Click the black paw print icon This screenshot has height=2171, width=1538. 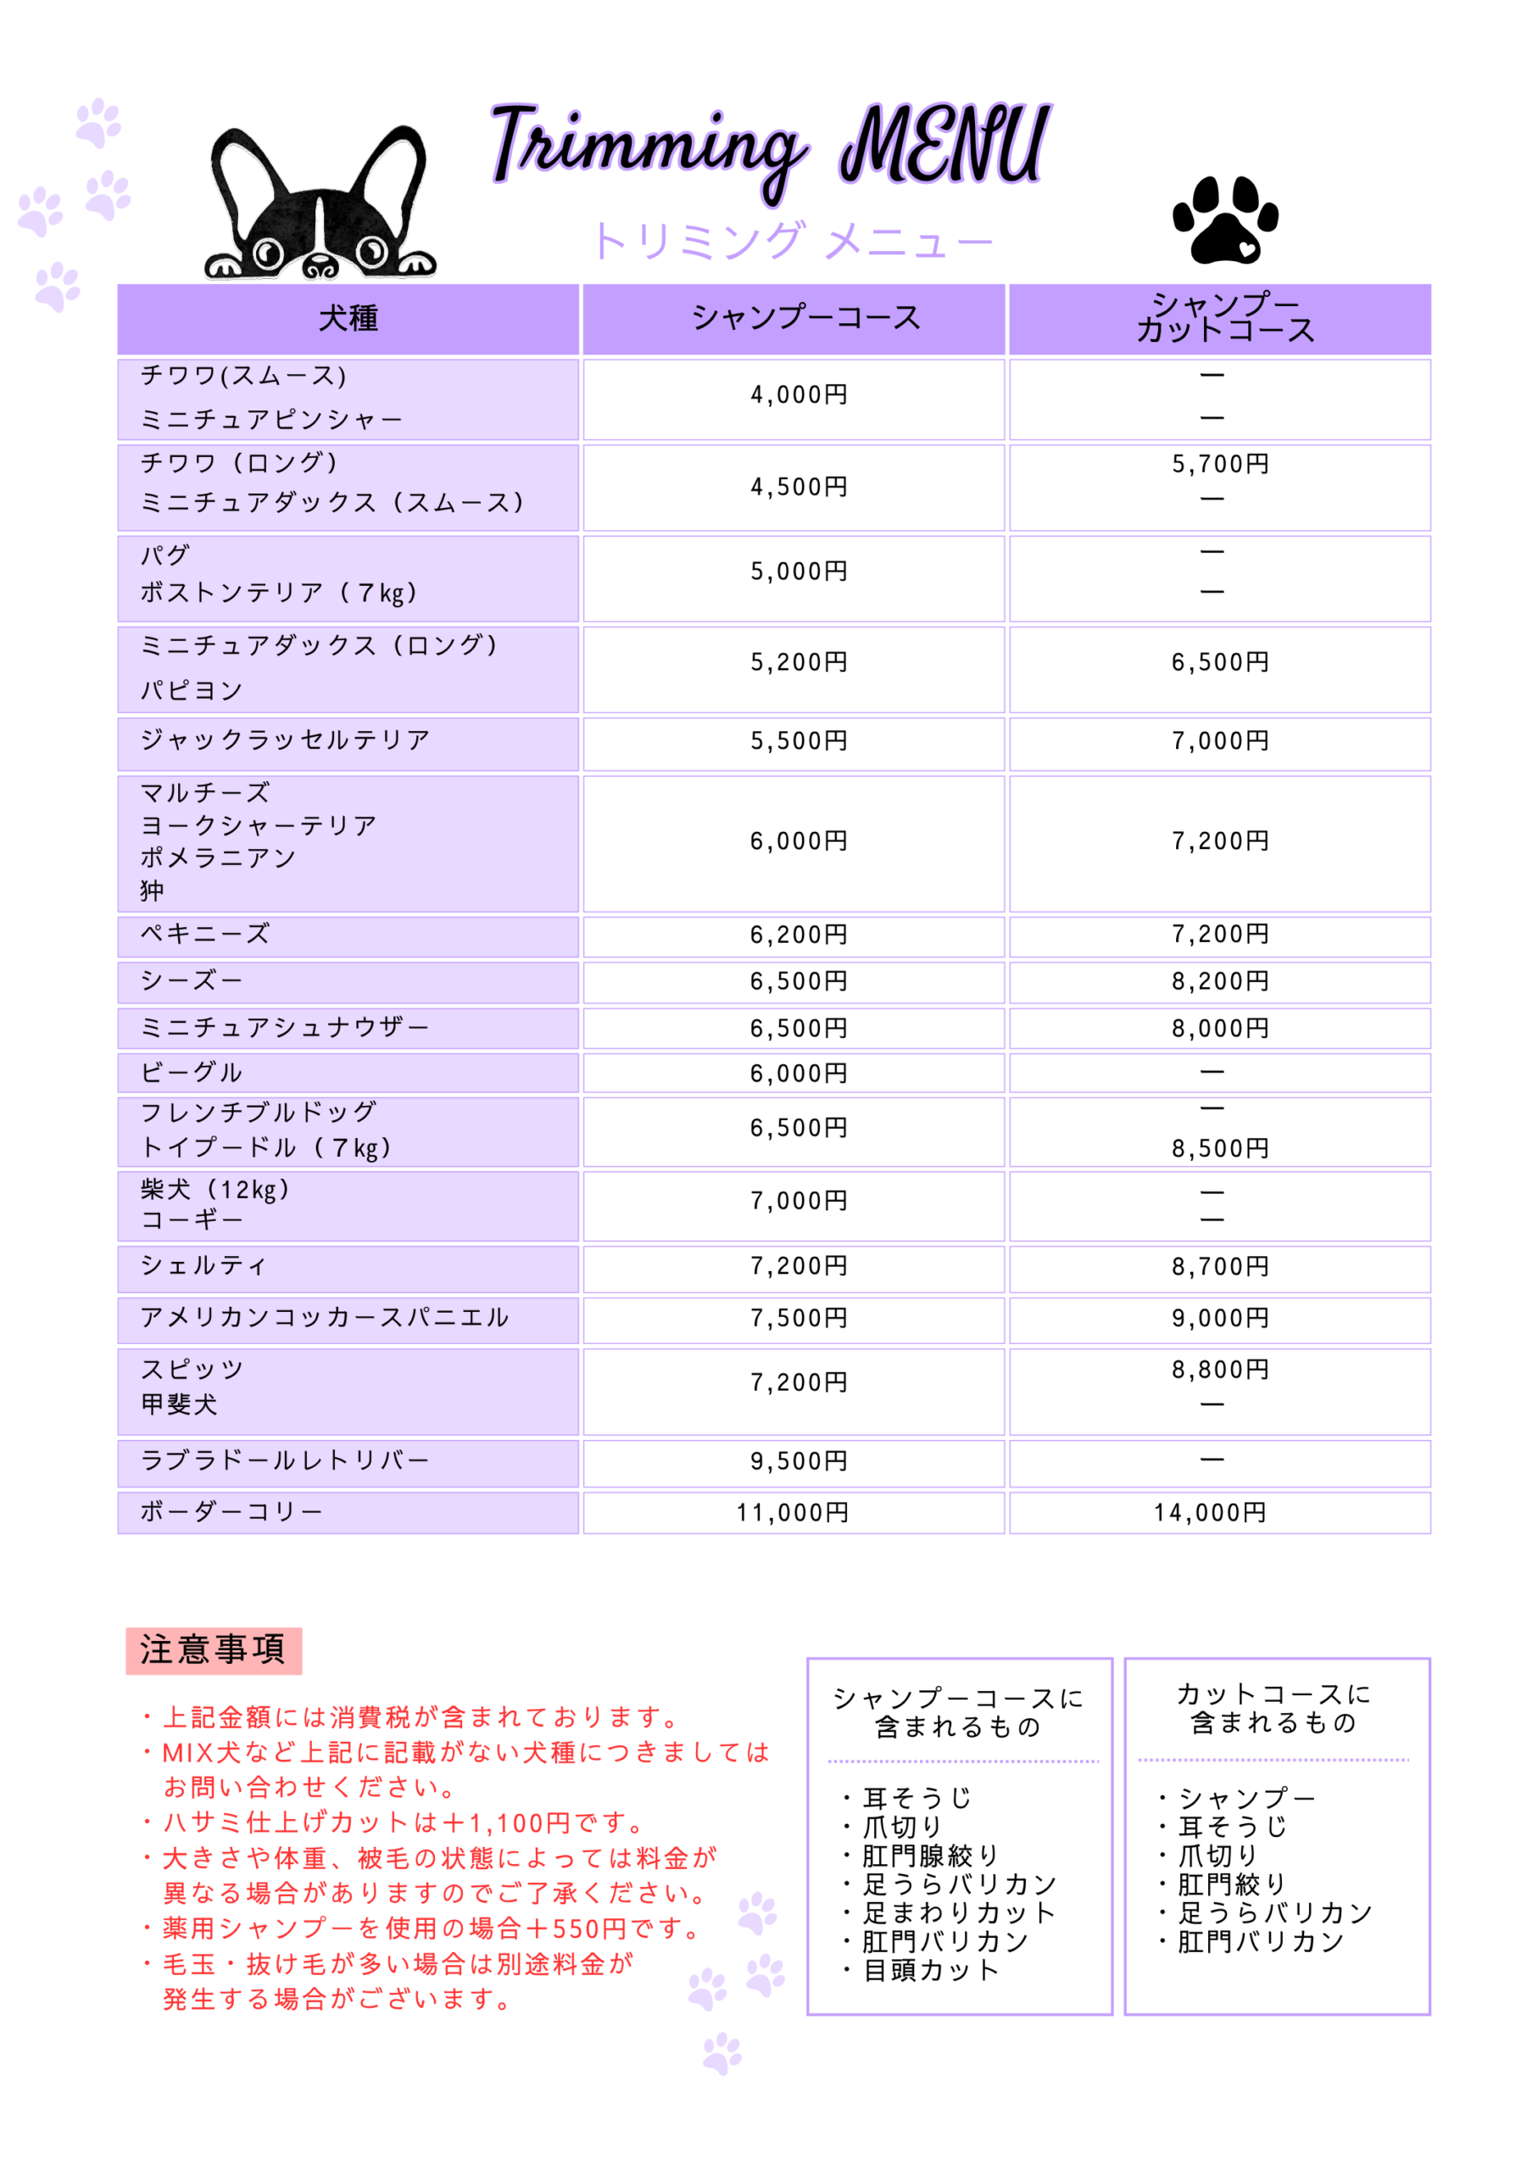point(1224,220)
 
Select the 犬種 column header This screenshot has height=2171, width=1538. point(348,318)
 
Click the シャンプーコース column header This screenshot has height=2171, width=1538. point(806,318)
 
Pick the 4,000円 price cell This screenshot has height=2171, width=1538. point(799,395)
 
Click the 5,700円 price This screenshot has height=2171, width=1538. point(1220,464)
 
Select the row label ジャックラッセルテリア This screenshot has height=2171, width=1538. point(285,739)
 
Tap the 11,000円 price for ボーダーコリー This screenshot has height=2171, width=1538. point(793,1513)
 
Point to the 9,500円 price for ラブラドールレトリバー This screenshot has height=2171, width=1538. point(799,1461)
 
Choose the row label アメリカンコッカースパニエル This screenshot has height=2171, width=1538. point(324,1318)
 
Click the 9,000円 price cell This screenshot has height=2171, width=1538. point(1220,1318)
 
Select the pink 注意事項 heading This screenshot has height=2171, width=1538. point(213,1649)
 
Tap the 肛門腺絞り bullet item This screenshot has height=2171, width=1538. point(930,1856)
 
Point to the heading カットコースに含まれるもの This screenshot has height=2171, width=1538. point(1273,1708)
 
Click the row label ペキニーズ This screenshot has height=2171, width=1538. point(204,934)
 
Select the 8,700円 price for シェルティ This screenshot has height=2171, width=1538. point(1220,1266)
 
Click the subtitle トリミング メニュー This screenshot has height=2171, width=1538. point(793,242)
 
